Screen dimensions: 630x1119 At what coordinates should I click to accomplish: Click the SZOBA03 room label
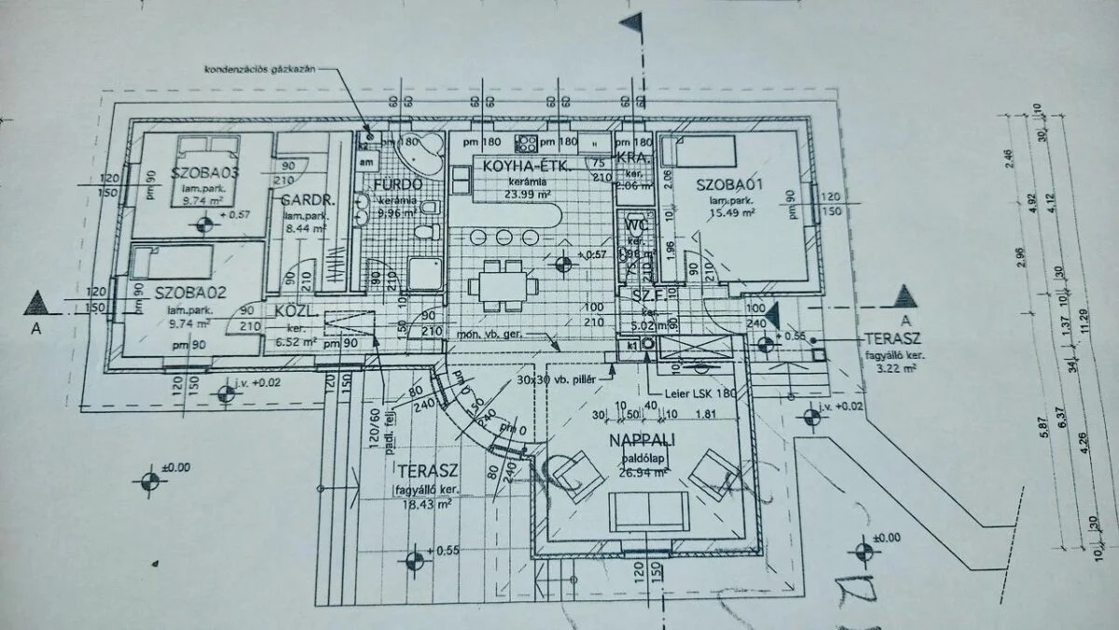click(x=206, y=172)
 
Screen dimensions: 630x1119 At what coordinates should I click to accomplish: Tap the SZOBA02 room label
click(x=186, y=292)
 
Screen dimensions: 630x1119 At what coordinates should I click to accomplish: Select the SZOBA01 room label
click(x=730, y=185)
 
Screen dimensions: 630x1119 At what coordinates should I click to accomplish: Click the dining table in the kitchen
click(x=502, y=285)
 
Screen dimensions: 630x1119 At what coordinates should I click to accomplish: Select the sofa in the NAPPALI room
click(x=648, y=511)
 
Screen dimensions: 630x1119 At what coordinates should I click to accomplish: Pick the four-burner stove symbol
click(x=527, y=143)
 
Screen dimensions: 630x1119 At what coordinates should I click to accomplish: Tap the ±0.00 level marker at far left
click(x=149, y=481)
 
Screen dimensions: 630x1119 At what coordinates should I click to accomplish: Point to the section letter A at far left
click(x=36, y=328)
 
